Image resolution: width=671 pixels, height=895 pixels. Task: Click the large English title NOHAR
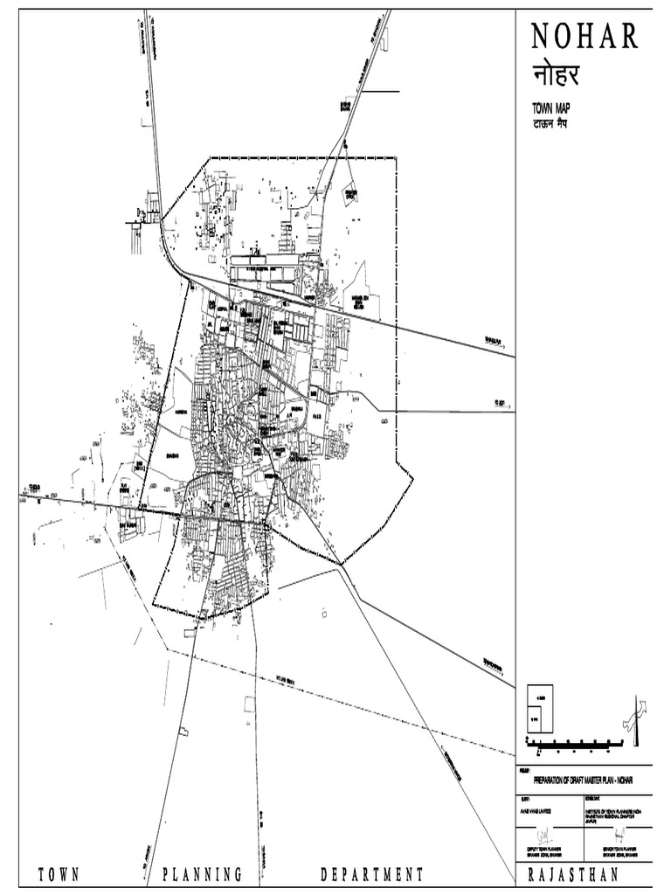[586, 38]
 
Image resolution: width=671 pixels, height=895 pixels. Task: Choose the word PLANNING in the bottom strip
[202, 875]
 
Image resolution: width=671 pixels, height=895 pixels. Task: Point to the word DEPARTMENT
[372, 875]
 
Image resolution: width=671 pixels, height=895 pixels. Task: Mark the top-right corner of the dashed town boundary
[396, 158]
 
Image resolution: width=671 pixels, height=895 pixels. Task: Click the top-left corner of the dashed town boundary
[210, 158]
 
